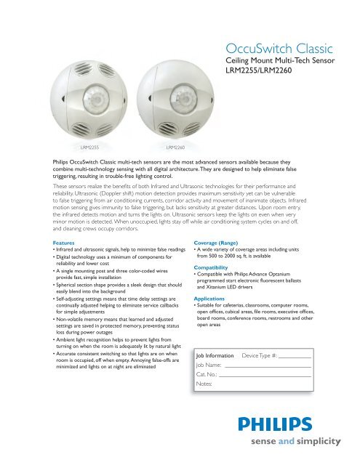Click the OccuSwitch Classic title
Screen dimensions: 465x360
[x=279, y=50]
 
